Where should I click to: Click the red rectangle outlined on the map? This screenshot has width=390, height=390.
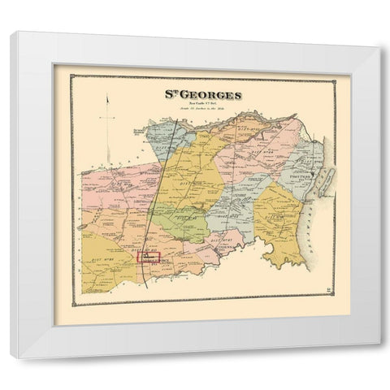[x=149, y=258]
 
